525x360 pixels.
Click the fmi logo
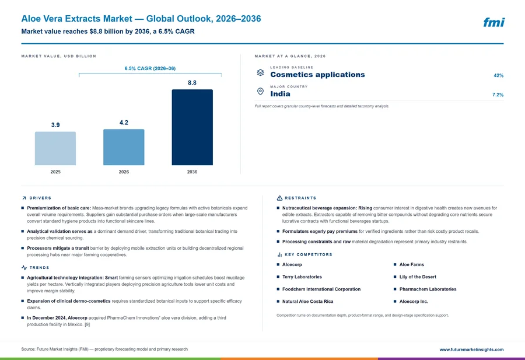pos(494,22)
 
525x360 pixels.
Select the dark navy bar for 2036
pos(192,127)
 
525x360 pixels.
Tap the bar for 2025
pos(55,148)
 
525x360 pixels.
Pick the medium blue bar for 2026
pos(124,147)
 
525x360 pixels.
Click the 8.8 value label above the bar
pos(192,83)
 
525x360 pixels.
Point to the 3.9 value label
pos(55,125)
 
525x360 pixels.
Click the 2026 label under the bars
pos(124,172)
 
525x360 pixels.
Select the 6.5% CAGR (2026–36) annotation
pos(150,68)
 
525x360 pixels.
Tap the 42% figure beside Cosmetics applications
pos(498,75)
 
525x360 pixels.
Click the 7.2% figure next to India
pos(498,95)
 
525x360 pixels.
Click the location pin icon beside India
pos(260,92)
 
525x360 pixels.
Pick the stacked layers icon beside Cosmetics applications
pos(260,72)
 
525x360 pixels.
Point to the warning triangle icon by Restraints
pos(279,198)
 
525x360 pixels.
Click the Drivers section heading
pos(40,198)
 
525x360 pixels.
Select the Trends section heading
pos(39,268)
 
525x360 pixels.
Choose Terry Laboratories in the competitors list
pos(302,277)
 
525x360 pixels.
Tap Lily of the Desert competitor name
pos(418,277)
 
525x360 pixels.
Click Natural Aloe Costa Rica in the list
pos(307,302)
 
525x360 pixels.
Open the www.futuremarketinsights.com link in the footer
pos(471,349)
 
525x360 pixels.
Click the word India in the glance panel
pos(280,94)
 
